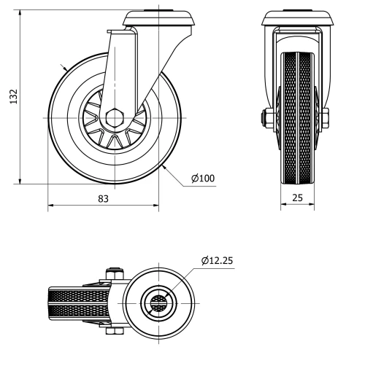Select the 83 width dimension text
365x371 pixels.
[103, 199]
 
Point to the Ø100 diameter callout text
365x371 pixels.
[202, 177]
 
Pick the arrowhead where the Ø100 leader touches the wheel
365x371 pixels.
[166, 168]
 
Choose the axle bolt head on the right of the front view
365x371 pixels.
[323, 117]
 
